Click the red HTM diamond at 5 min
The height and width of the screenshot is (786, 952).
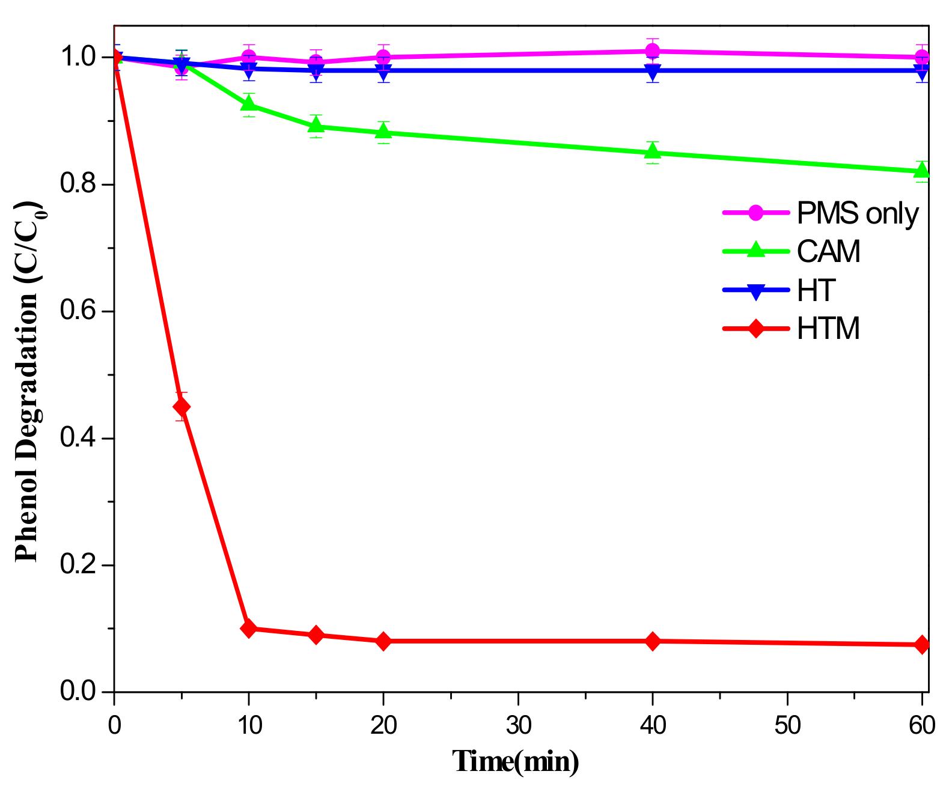(x=182, y=407)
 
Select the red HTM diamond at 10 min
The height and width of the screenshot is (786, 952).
(x=248, y=629)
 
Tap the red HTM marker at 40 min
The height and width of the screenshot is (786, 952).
(x=653, y=641)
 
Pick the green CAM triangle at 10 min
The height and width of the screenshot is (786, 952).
(x=248, y=104)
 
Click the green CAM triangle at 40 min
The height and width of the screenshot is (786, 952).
(x=653, y=151)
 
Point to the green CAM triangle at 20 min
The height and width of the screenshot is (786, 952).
(x=383, y=131)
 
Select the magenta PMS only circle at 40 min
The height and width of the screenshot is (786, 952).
(x=653, y=51)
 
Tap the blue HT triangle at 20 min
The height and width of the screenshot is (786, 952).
(x=383, y=72)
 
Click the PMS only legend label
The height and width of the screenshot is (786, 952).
(x=858, y=213)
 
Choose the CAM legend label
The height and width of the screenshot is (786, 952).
(x=828, y=252)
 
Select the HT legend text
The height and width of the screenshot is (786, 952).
(x=816, y=290)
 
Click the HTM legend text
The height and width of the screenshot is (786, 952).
(x=828, y=329)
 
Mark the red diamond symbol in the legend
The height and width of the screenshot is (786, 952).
(x=755, y=329)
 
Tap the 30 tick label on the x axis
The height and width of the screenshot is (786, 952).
(x=518, y=726)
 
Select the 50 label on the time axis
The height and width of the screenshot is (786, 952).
(x=787, y=726)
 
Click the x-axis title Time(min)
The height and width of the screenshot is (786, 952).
(x=516, y=762)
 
